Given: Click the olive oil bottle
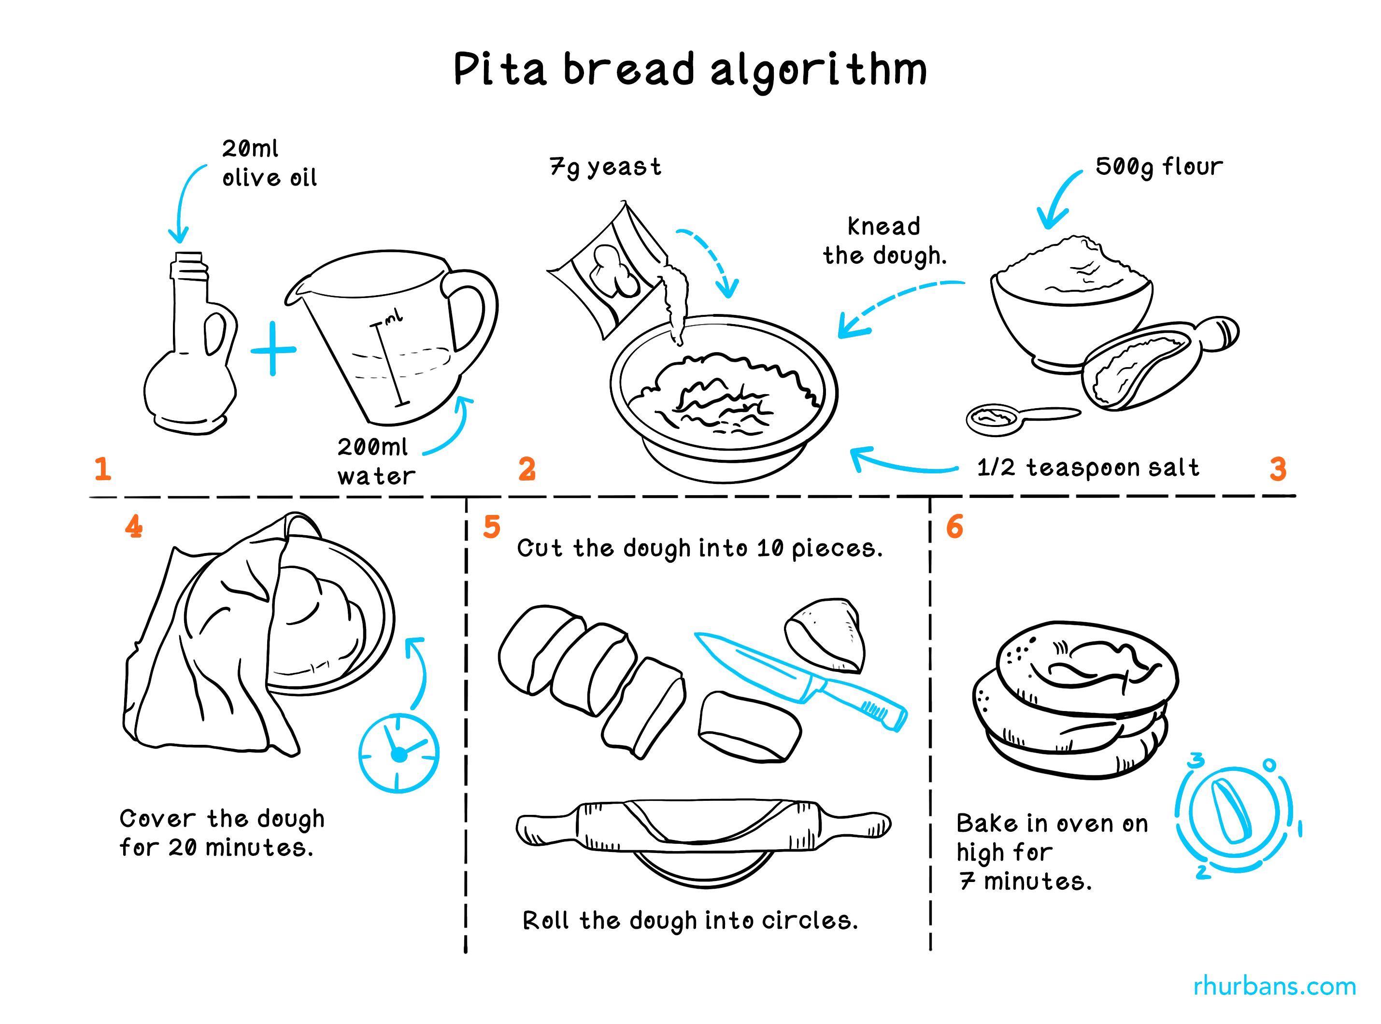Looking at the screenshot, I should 189,359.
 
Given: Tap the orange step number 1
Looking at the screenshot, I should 103,469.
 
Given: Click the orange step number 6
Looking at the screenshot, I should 954,526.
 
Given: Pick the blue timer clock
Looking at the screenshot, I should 399,753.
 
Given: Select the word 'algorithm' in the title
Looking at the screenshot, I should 818,70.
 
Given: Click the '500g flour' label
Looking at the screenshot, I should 1158,166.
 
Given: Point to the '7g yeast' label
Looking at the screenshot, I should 605,167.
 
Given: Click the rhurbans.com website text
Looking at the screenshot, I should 1274,985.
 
